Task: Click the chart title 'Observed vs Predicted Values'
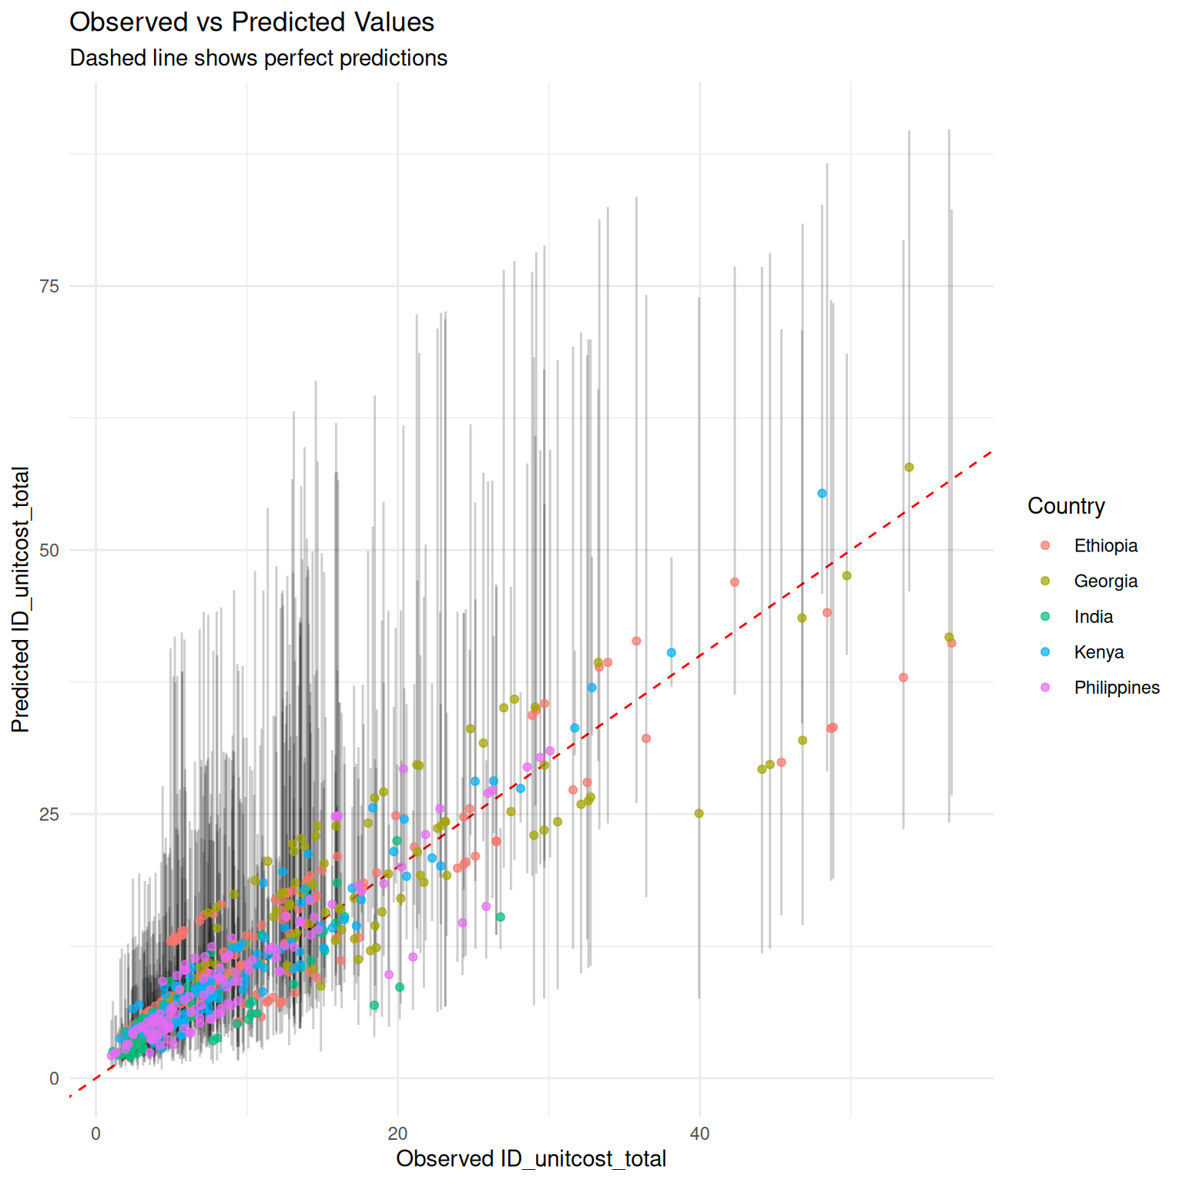(252, 22)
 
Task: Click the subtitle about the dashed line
(258, 59)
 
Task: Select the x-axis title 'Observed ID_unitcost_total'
(531, 1158)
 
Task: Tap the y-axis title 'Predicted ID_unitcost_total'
(21, 599)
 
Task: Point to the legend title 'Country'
(1066, 506)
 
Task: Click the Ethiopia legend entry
(1105, 546)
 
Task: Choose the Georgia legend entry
(1105, 581)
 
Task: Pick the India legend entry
(1093, 617)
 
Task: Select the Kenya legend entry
(1098, 652)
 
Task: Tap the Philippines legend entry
(1116, 688)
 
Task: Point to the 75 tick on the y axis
(49, 287)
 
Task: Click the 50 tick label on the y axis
(49, 551)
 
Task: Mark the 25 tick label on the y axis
(49, 815)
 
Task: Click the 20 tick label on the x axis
(397, 1134)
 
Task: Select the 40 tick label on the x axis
(699, 1134)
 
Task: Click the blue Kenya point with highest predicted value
(822, 494)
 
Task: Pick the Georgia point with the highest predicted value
(909, 468)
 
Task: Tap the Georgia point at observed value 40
(699, 813)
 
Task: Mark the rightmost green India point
(501, 917)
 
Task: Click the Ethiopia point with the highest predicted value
(735, 582)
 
